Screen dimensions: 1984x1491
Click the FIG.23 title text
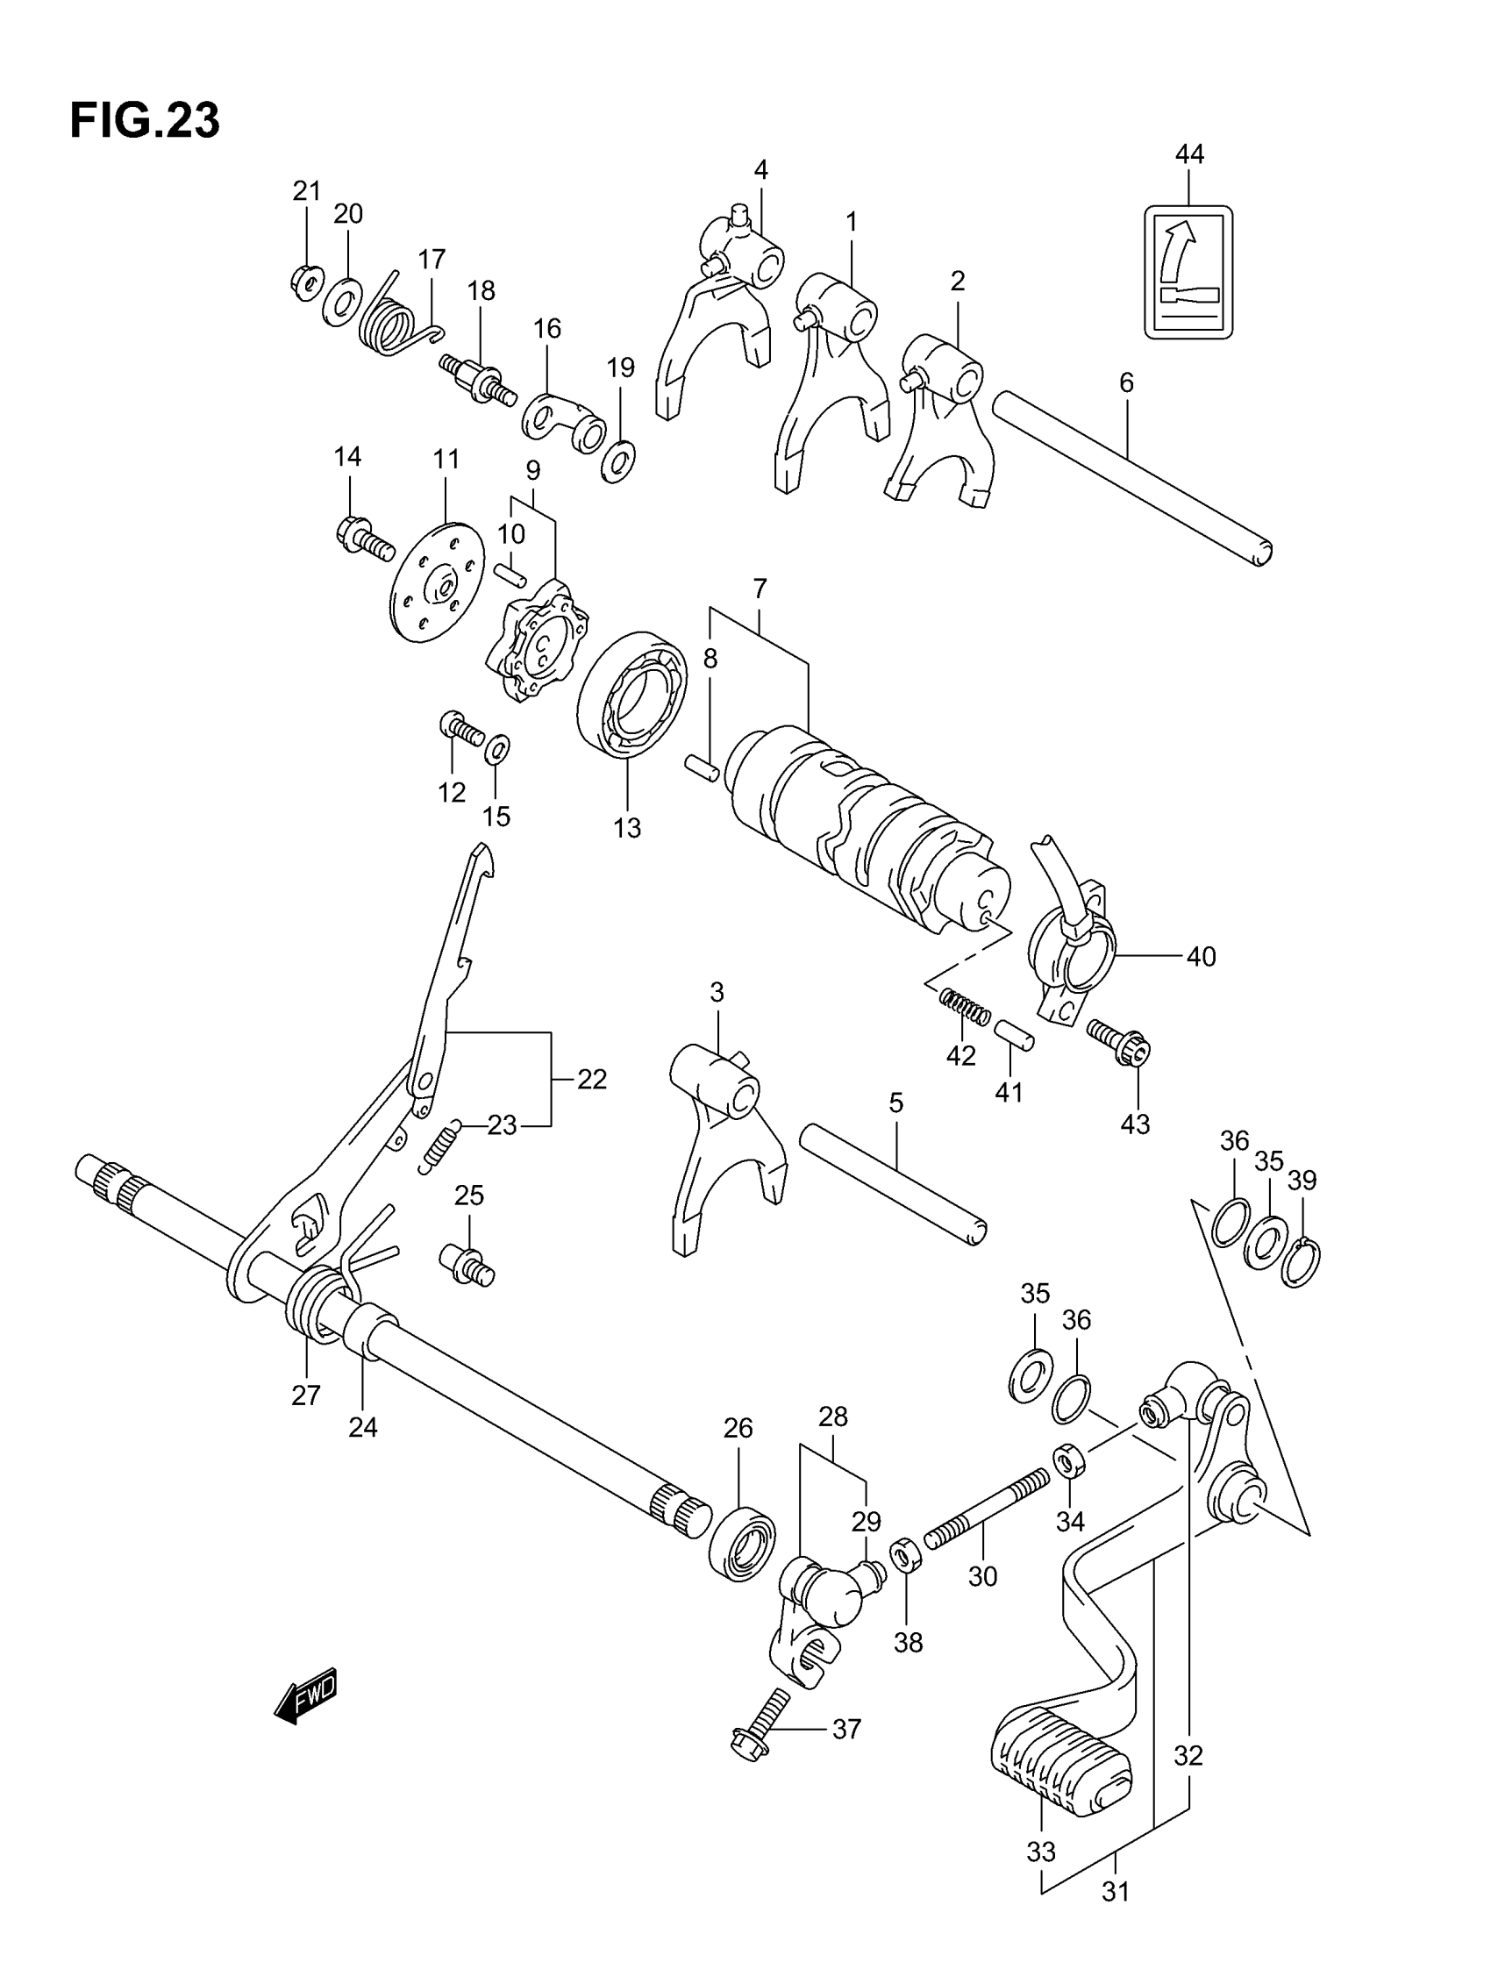click(x=145, y=120)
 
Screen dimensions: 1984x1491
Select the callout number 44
click(x=1188, y=154)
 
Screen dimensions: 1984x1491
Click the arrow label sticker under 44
click(x=1188, y=271)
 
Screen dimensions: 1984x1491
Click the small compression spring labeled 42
click(x=965, y=1005)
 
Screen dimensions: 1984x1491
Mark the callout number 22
click(x=591, y=1079)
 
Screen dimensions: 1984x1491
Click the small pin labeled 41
click(x=1014, y=1035)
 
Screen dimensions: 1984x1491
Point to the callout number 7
click(x=760, y=589)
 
